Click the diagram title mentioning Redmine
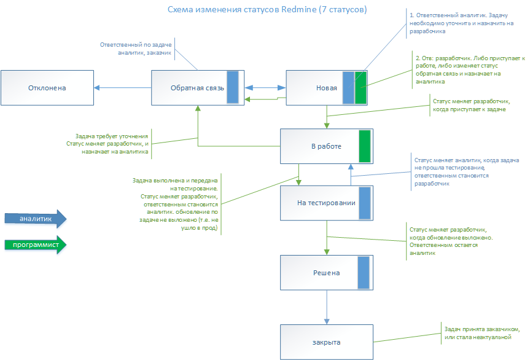point(268,10)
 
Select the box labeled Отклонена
point(47,88)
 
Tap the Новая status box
point(314,88)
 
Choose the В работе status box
point(319,146)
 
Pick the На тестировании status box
point(319,203)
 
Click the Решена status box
point(319,273)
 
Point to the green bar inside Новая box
point(360,88)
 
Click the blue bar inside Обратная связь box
point(233,88)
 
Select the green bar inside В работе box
point(365,146)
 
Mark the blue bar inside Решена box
point(364,273)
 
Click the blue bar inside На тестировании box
point(365,203)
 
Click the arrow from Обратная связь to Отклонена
point(123,88)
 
